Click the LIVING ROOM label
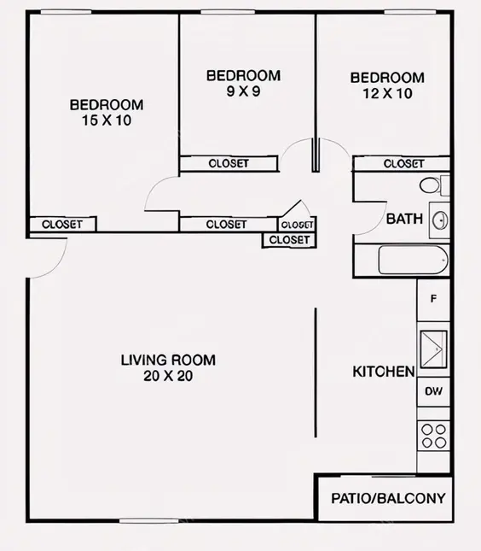pos(168,360)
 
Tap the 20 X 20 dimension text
pos(168,376)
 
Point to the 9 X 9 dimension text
pos(243,91)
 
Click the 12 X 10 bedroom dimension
pos(386,93)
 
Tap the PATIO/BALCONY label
pos(388,498)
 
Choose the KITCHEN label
pos(384,372)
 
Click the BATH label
pos(404,219)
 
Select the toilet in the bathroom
pos(432,185)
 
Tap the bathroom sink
pos(439,220)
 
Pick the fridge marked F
pos(433,299)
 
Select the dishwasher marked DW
pos(433,391)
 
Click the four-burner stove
pos(433,437)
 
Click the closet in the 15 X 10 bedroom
pos(62,225)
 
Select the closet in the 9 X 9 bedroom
pos(229,163)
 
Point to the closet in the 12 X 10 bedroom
pos(403,163)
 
